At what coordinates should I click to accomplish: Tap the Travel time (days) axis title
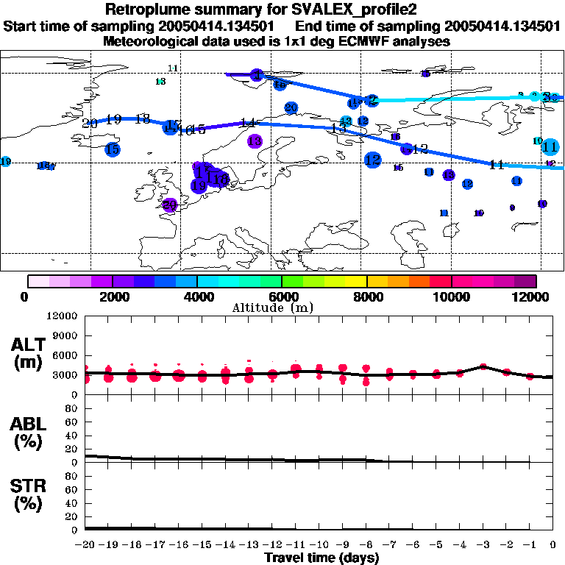point(321,558)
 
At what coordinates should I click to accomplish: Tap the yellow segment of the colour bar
point(356,281)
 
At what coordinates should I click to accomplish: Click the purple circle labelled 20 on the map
point(170,205)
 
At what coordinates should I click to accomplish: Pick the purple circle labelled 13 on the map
point(255,141)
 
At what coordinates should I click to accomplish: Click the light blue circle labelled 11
point(550,146)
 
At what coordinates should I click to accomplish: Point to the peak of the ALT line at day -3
point(483,366)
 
